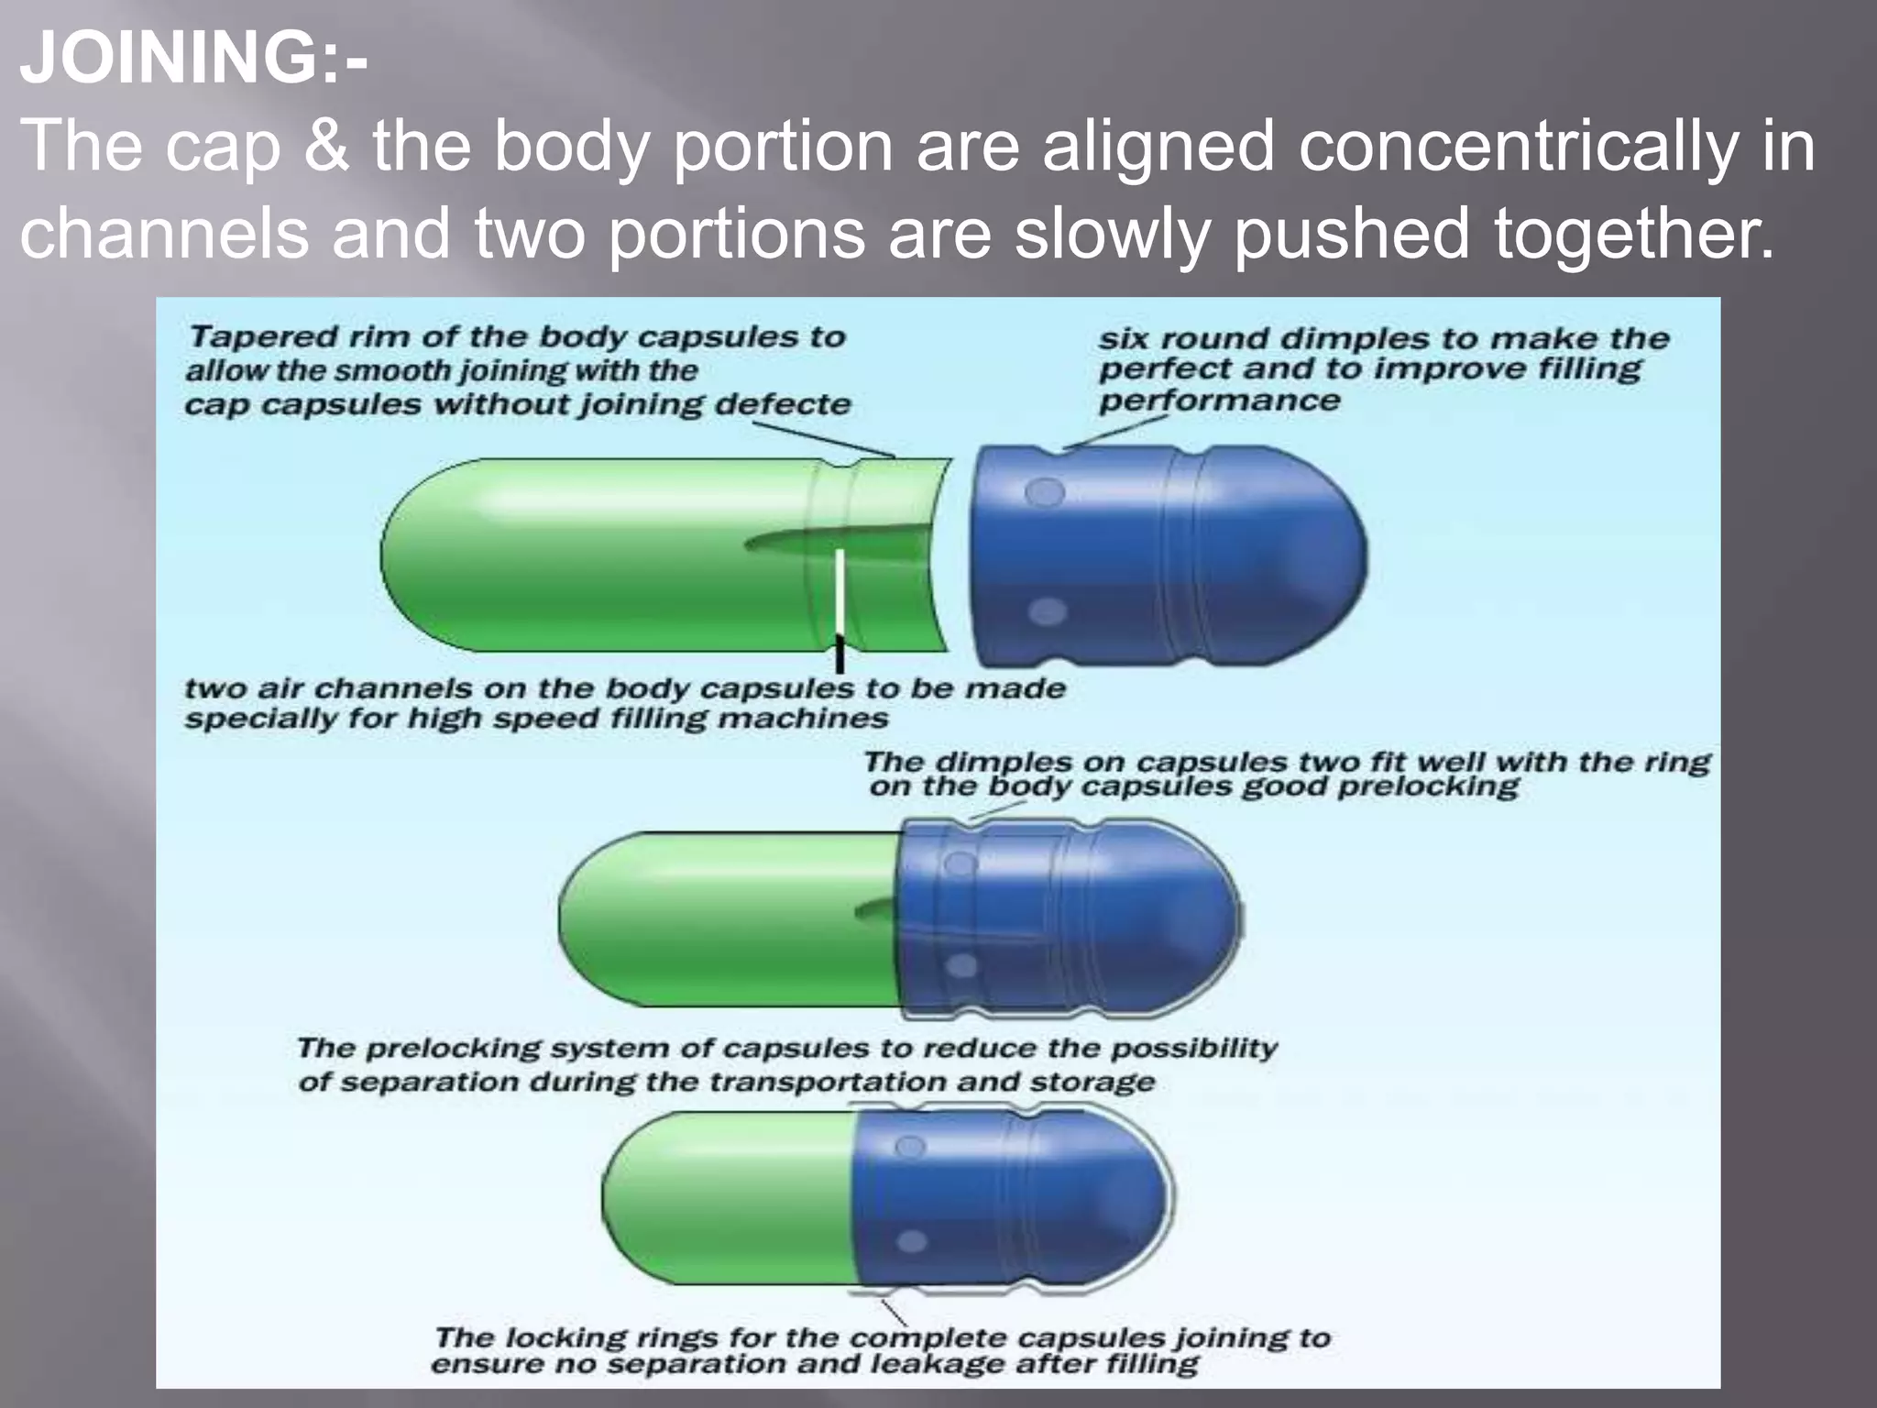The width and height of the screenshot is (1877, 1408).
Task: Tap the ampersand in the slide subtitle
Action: point(325,147)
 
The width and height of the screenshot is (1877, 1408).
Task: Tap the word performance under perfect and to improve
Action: point(1219,401)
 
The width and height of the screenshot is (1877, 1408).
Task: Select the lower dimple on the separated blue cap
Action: point(1048,611)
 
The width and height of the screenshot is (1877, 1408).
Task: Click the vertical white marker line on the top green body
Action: point(839,591)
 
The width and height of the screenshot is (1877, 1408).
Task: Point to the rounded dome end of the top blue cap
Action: point(1320,555)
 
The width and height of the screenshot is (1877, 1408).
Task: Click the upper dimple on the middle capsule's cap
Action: point(959,863)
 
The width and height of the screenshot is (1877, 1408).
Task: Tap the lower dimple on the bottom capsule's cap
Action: point(911,1241)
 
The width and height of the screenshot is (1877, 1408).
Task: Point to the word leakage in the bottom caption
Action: point(936,1365)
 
